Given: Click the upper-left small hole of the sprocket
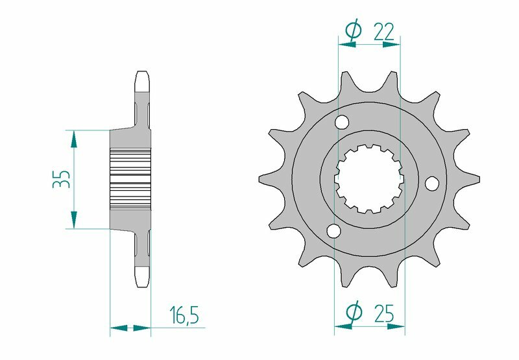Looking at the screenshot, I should tap(343, 122).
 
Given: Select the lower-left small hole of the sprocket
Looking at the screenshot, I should tap(334, 231).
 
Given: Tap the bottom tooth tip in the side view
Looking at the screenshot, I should tap(143, 280).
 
